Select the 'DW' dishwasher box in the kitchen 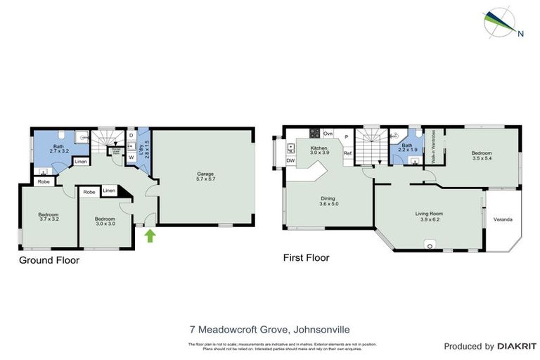pos(290,161)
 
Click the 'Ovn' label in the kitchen pos(328,133)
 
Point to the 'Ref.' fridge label pos(347,153)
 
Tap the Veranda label pos(502,219)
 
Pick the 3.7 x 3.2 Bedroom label pos(48,217)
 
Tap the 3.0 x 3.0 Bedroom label pos(105,221)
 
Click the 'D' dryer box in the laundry pos(131,135)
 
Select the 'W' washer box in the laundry pos(131,157)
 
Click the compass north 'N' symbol pos(520,32)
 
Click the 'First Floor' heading pos(305,257)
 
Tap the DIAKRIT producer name pos(517,346)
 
